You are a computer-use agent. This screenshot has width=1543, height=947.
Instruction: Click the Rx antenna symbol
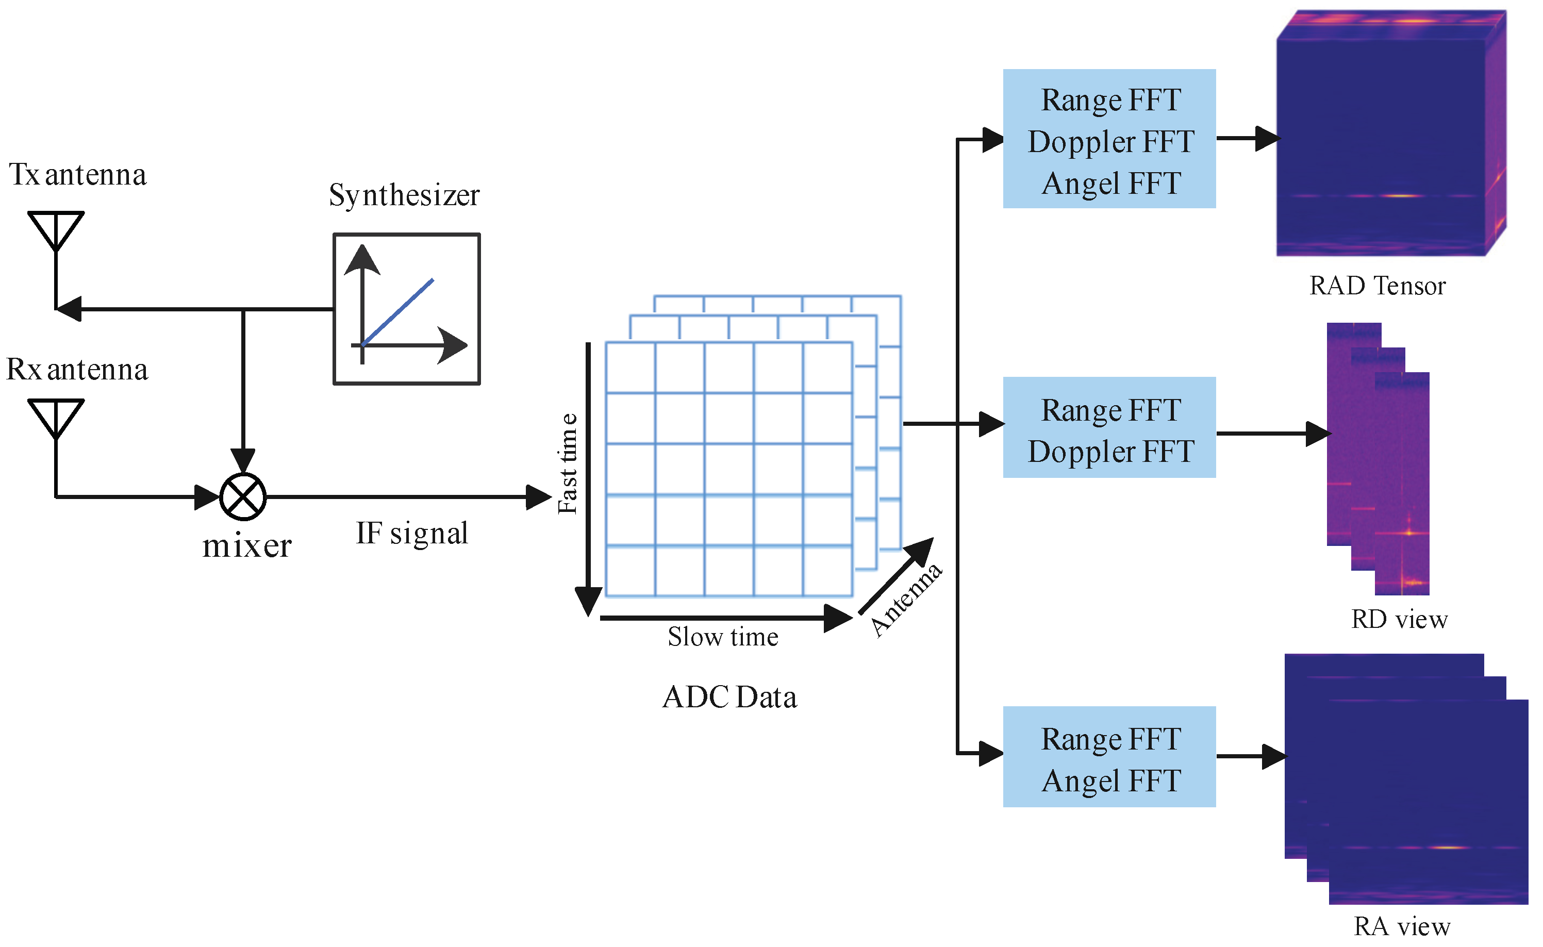(56, 419)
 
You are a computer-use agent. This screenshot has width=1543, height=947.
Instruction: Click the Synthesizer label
(405, 195)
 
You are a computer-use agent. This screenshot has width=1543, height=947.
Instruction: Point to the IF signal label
(412, 533)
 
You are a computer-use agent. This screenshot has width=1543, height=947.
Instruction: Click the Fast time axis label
(568, 463)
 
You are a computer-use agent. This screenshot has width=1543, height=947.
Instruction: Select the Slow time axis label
(723, 637)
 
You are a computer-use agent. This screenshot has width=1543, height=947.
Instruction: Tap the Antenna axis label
(906, 600)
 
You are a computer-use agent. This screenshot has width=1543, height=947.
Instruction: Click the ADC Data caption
(730, 697)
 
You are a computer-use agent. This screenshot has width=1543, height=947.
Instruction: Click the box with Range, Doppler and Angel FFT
(1109, 139)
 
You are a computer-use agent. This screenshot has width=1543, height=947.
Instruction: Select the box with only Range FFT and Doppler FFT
(1109, 428)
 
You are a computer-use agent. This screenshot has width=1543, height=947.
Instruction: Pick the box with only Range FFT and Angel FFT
(1109, 757)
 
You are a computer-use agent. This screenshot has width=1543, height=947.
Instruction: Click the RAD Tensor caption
(1378, 286)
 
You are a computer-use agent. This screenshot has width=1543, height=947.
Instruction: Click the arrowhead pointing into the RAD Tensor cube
(1268, 139)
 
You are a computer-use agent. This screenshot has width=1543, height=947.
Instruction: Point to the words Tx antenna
(78, 175)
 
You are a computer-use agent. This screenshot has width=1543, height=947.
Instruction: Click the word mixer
(247, 546)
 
